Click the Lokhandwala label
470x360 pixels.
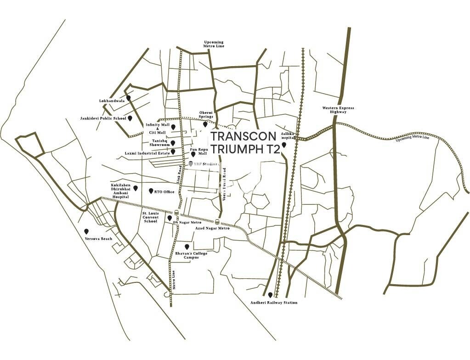click(x=112, y=101)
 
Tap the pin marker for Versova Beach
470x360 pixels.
click(x=85, y=231)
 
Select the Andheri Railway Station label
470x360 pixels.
click(x=274, y=303)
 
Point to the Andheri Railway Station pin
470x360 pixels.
click(x=270, y=295)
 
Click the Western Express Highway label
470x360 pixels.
click(x=338, y=110)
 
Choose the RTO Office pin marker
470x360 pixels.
click(x=151, y=191)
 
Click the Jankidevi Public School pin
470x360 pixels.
click(x=130, y=118)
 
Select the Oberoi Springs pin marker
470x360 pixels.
click(x=205, y=124)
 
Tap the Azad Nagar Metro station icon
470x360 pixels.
click(x=217, y=222)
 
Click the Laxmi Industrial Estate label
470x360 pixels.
click(x=147, y=153)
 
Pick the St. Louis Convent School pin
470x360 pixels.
click(x=170, y=218)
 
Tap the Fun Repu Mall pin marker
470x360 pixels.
click(x=187, y=154)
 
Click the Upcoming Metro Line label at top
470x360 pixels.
click(x=214, y=44)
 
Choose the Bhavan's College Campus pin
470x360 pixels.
click(x=187, y=246)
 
